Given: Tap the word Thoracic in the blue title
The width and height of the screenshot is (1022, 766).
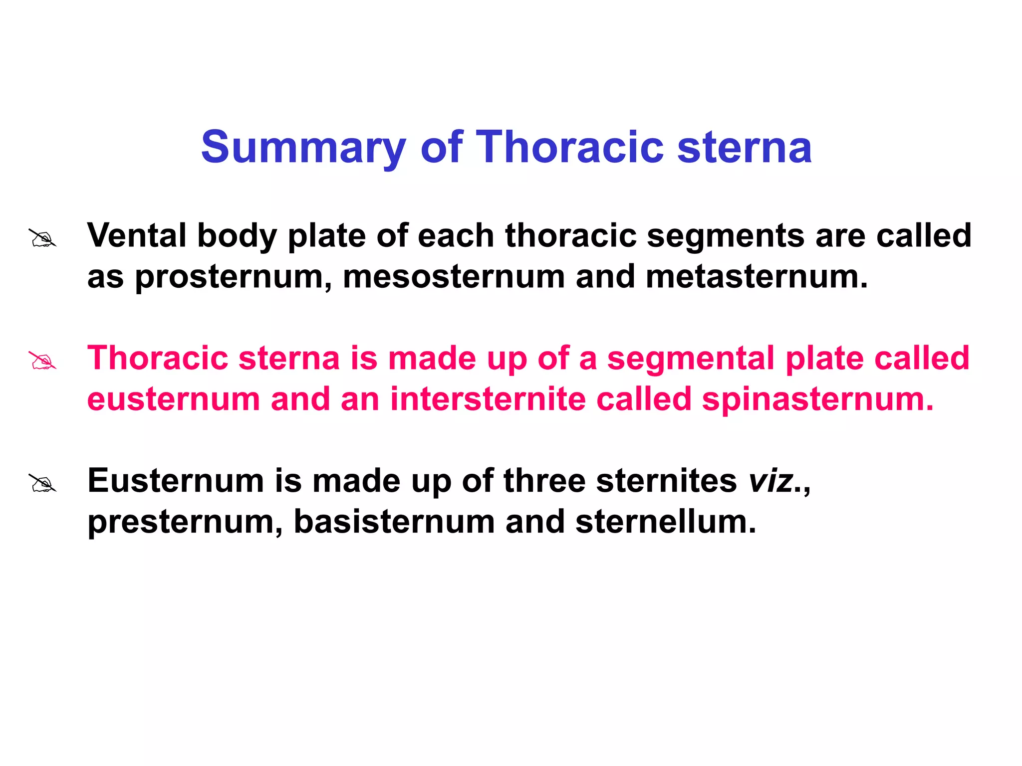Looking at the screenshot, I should click(x=570, y=147).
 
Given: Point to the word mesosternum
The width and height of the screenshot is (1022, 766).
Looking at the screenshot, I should click(x=454, y=277).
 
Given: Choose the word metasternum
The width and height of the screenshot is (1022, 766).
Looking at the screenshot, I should click(x=756, y=277).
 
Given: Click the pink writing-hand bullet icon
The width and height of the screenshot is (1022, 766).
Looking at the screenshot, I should click(x=42, y=361).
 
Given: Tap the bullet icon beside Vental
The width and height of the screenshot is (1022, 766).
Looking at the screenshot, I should click(x=42, y=238).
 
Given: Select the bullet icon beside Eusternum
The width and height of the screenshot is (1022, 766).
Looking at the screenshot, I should click(x=42, y=483).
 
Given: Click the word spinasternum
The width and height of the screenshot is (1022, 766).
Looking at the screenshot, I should click(x=817, y=400).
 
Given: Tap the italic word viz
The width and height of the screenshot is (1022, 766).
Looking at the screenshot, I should click(x=771, y=482).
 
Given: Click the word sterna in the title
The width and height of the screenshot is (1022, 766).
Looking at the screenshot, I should click(x=744, y=147).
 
